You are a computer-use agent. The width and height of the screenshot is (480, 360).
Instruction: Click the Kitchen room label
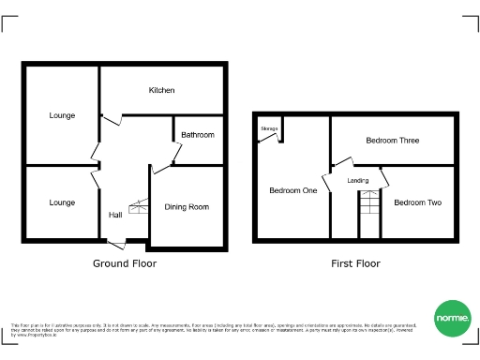tap(161, 90)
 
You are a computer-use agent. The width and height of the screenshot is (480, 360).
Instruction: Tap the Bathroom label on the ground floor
tap(198, 135)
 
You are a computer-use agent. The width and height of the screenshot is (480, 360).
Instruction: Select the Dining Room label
tap(187, 207)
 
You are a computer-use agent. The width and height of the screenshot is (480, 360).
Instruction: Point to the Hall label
tap(115, 215)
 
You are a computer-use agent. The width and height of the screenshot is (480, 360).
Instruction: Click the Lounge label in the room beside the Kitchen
tap(62, 115)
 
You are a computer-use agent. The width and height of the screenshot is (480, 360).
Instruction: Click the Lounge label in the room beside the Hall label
tap(62, 202)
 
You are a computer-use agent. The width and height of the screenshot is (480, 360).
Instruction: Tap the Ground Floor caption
tap(124, 263)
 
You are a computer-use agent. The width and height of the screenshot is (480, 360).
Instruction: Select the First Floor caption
tap(355, 263)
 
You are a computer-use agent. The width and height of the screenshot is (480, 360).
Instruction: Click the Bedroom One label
tap(292, 190)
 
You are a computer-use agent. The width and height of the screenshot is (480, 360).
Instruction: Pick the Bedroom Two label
tap(417, 202)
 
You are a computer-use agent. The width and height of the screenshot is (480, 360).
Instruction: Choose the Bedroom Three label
tap(392, 141)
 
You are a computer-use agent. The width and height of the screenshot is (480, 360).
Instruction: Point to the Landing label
tap(358, 180)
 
